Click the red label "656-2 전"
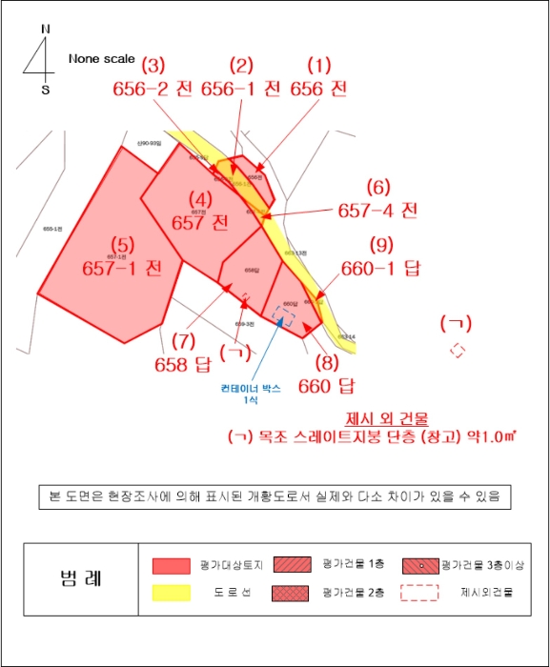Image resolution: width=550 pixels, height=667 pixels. (153, 89)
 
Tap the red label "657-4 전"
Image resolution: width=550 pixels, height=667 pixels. (377, 210)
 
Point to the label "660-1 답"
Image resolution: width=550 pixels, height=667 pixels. (380, 269)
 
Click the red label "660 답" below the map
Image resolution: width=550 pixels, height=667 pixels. (326, 386)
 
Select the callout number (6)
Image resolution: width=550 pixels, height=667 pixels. (378, 186)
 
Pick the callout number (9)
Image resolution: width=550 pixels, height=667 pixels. (381, 244)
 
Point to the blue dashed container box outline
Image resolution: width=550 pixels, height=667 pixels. (284, 316)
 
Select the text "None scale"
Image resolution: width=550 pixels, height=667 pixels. (102, 59)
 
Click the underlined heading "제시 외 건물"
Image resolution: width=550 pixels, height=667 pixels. (387, 417)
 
